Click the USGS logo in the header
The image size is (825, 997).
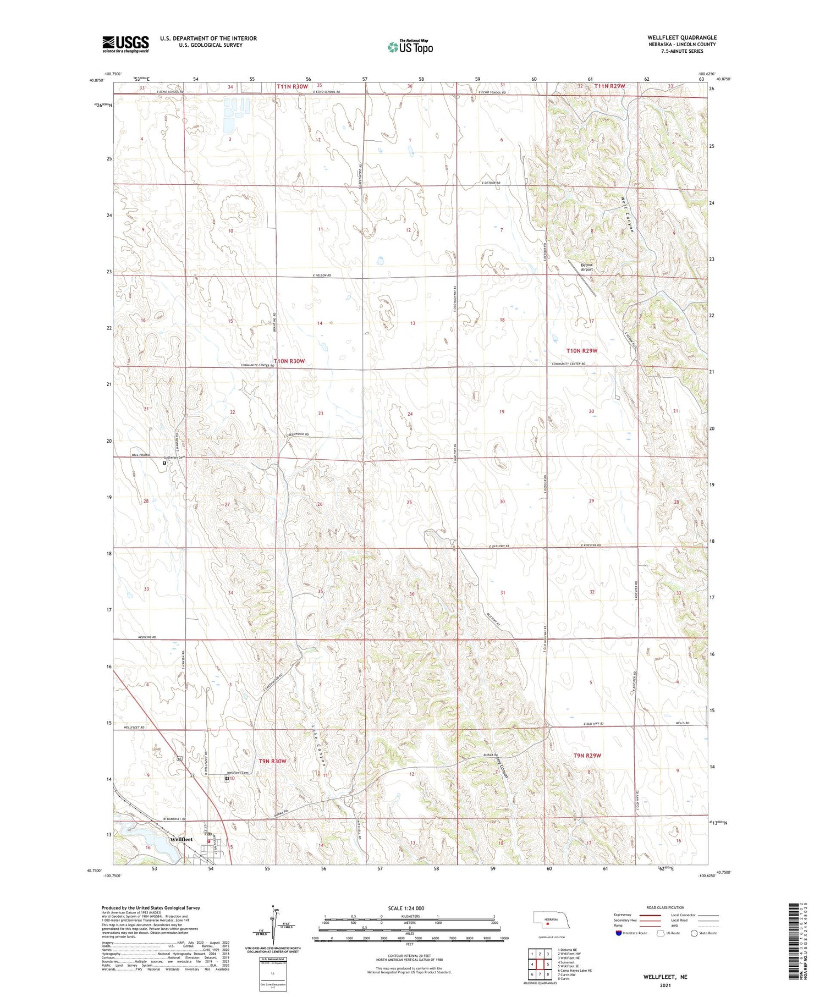125,44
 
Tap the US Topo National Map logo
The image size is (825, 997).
410,47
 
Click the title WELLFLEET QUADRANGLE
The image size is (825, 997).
681,37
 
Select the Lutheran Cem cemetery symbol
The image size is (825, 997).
164,463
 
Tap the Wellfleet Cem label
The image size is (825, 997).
238,773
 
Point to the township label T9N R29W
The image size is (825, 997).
587,756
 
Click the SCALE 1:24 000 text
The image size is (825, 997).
406,908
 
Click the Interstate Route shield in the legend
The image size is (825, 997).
619,933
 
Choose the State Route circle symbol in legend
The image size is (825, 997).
694,933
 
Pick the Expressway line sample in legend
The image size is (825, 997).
653,915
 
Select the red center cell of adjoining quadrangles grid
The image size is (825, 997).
540,964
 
